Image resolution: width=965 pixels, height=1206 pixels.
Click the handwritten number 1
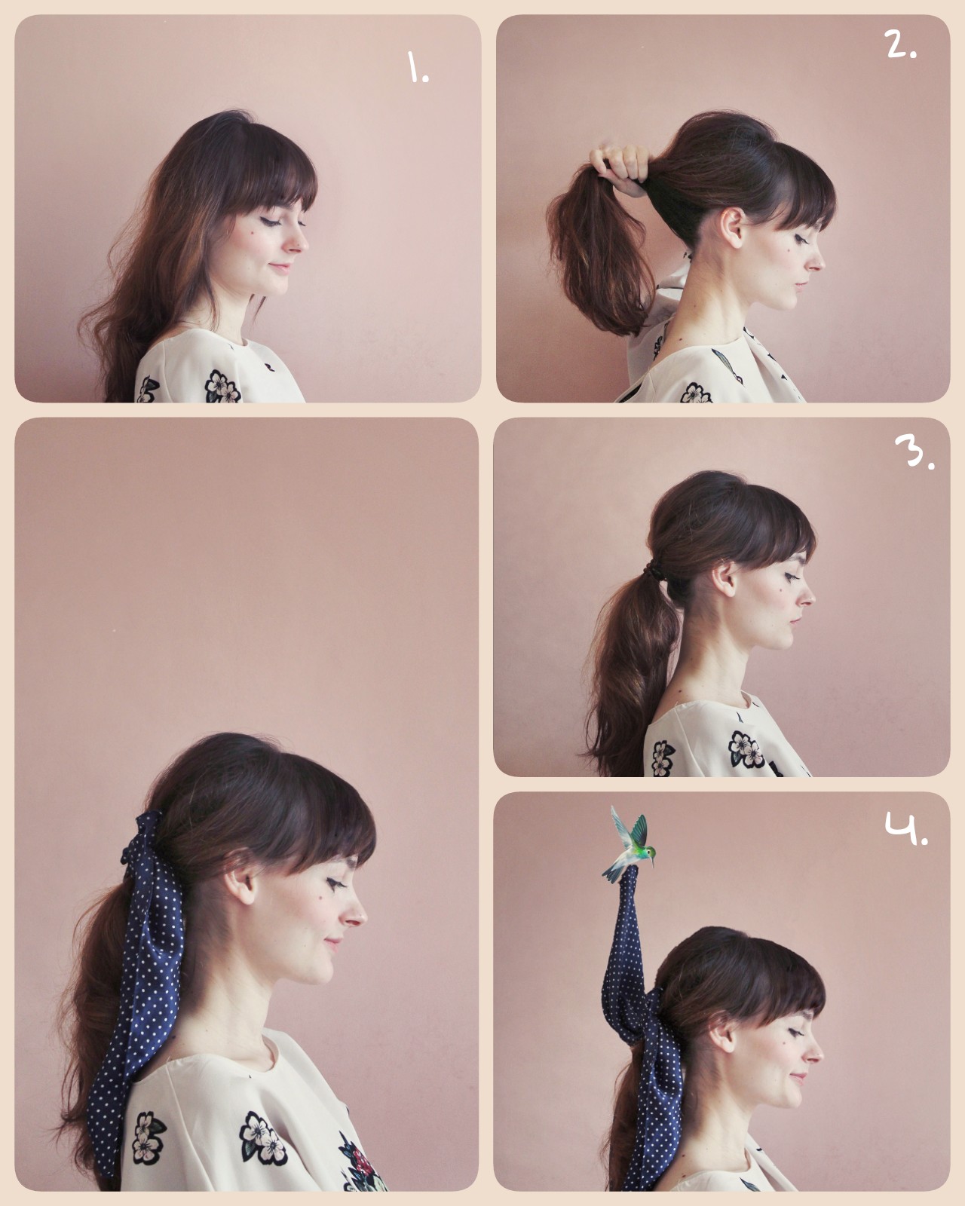pyautogui.click(x=417, y=68)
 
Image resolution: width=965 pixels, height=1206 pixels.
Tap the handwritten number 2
pyautogui.click(x=899, y=44)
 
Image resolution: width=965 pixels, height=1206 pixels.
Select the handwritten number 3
pyautogui.click(x=913, y=451)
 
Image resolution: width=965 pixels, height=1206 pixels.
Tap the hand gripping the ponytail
pyautogui.click(x=618, y=167)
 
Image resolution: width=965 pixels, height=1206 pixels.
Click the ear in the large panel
pyautogui.click(x=239, y=880)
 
